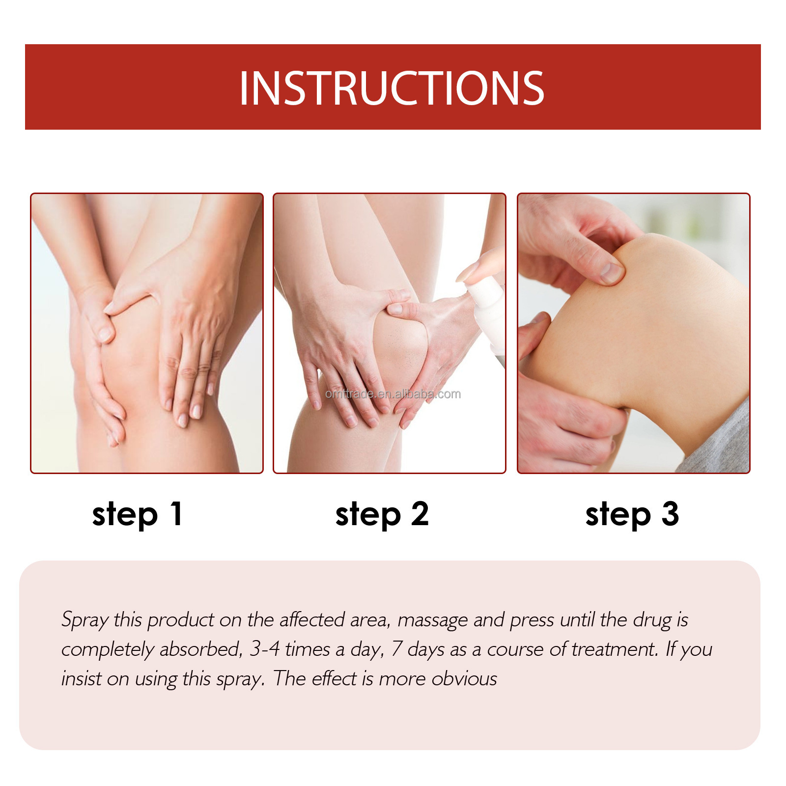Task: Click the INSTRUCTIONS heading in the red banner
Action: click(x=392, y=88)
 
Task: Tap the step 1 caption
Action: click(x=138, y=514)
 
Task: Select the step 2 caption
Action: click(x=382, y=514)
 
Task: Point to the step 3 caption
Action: click(x=632, y=514)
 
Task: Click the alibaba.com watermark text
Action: click(x=393, y=394)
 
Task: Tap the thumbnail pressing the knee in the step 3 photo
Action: click(x=611, y=271)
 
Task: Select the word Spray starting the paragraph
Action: click(x=84, y=620)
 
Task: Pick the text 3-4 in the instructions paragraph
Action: click(x=264, y=649)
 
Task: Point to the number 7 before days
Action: click(x=397, y=649)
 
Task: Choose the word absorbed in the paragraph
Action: click(x=201, y=649)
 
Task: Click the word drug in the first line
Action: click(x=652, y=620)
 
